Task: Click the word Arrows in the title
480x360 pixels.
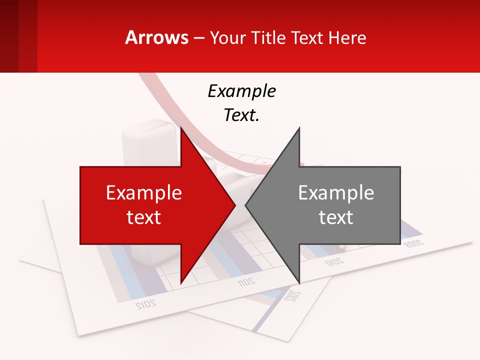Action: click(156, 37)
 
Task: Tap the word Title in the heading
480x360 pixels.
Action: click(271, 37)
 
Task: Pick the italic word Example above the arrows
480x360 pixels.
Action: click(241, 91)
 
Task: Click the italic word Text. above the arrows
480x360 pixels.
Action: click(241, 115)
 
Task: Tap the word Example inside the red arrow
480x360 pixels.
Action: click(144, 192)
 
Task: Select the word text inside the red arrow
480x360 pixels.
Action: click(144, 217)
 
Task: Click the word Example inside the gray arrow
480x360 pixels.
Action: click(336, 192)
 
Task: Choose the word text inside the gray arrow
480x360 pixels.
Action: click(336, 217)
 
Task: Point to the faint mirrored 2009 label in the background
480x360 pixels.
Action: click(413, 243)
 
